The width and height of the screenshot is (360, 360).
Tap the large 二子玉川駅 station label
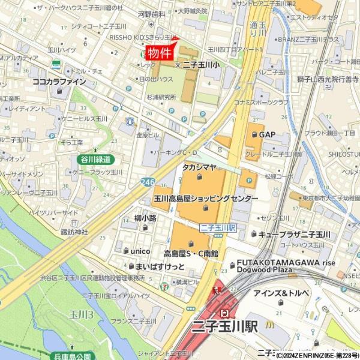[x=224, y=327]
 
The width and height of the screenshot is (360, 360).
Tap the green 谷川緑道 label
[x=95, y=159]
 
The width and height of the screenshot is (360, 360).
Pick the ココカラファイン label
[x=59, y=81]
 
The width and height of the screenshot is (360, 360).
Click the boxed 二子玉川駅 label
[x=218, y=228]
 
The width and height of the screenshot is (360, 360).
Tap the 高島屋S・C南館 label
[x=191, y=253]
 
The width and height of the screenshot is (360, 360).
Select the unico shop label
[x=136, y=250]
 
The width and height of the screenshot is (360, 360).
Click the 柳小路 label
[x=145, y=218]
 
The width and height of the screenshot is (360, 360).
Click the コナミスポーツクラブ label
[x=261, y=103]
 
